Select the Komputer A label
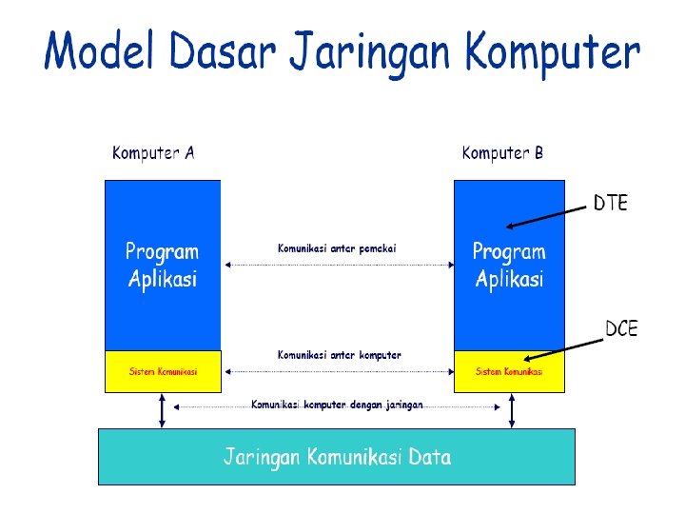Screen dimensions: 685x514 (x=153, y=153)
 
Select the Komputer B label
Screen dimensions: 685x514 (x=502, y=153)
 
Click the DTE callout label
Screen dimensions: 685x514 (x=611, y=203)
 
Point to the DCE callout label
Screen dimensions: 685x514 (x=622, y=329)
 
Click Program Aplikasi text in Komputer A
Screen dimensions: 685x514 (x=163, y=266)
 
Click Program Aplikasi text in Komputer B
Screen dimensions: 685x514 (x=509, y=266)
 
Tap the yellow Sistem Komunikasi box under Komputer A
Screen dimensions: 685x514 (x=163, y=371)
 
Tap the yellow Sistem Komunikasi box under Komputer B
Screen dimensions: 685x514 (x=509, y=371)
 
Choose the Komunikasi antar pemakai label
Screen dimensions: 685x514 (x=337, y=248)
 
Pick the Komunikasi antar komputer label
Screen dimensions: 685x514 (x=339, y=355)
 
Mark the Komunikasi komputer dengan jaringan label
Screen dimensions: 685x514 (x=337, y=405)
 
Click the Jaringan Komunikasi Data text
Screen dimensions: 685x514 (x=337, y=457)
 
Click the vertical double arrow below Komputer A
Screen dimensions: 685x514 (x=162, y=410)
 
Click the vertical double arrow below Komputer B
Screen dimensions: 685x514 (x=512, y=410)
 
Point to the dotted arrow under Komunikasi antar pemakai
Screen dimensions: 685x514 (x=337, y=265)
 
